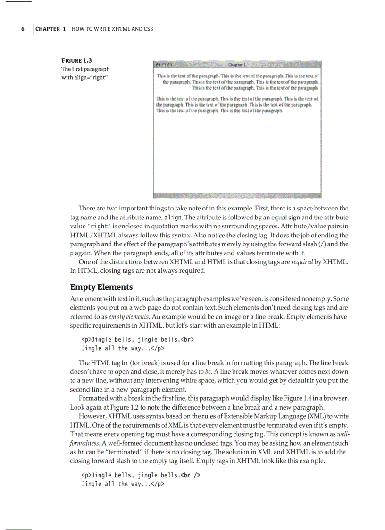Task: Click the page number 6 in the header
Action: tap(23, 29)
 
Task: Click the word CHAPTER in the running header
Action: tap(48, 29)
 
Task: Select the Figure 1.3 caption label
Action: tap(77, 60)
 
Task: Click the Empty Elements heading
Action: tap(101, 287)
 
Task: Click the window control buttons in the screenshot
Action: tap(163, 65)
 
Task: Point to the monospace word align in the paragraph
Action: tap(171, 218)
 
